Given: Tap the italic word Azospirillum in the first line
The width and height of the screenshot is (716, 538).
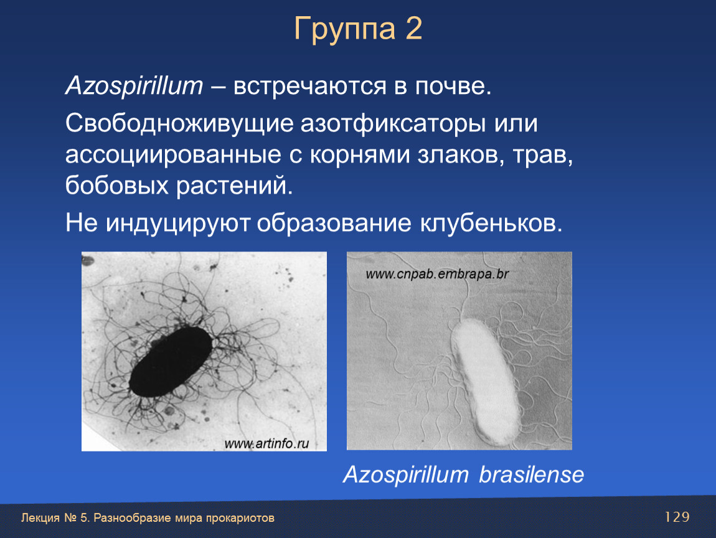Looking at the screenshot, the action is click(x=134, y=85).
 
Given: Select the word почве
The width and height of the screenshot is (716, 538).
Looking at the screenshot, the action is click(x=453, y=86).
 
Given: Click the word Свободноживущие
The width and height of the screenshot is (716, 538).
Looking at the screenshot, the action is click(x=179, y=124).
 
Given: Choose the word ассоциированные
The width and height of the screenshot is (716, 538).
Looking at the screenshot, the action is click(x=173, y=155).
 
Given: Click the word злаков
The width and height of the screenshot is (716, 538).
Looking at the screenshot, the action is click(x=461, y=155).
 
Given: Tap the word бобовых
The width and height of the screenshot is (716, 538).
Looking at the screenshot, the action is click(x=117, y=185).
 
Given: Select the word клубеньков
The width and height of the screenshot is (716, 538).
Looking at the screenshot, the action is click(x=491, y=222).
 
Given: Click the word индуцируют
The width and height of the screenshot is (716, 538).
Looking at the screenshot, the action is click(x=177, y=224).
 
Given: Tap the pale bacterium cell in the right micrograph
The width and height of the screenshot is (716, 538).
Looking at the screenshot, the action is click(x=485, y=382).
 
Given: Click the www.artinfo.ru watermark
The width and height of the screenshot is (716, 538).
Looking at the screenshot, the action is click(x=266, y=443).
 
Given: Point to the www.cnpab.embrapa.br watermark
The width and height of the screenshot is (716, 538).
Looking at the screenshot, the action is click(x=437, y=274).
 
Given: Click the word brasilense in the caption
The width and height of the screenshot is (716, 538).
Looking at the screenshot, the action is click(x=531, y=474).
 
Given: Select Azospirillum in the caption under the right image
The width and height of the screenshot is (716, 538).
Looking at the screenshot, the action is click(x=405, y=475).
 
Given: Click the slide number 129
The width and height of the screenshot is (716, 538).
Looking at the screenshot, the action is click(x=677, y=517).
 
